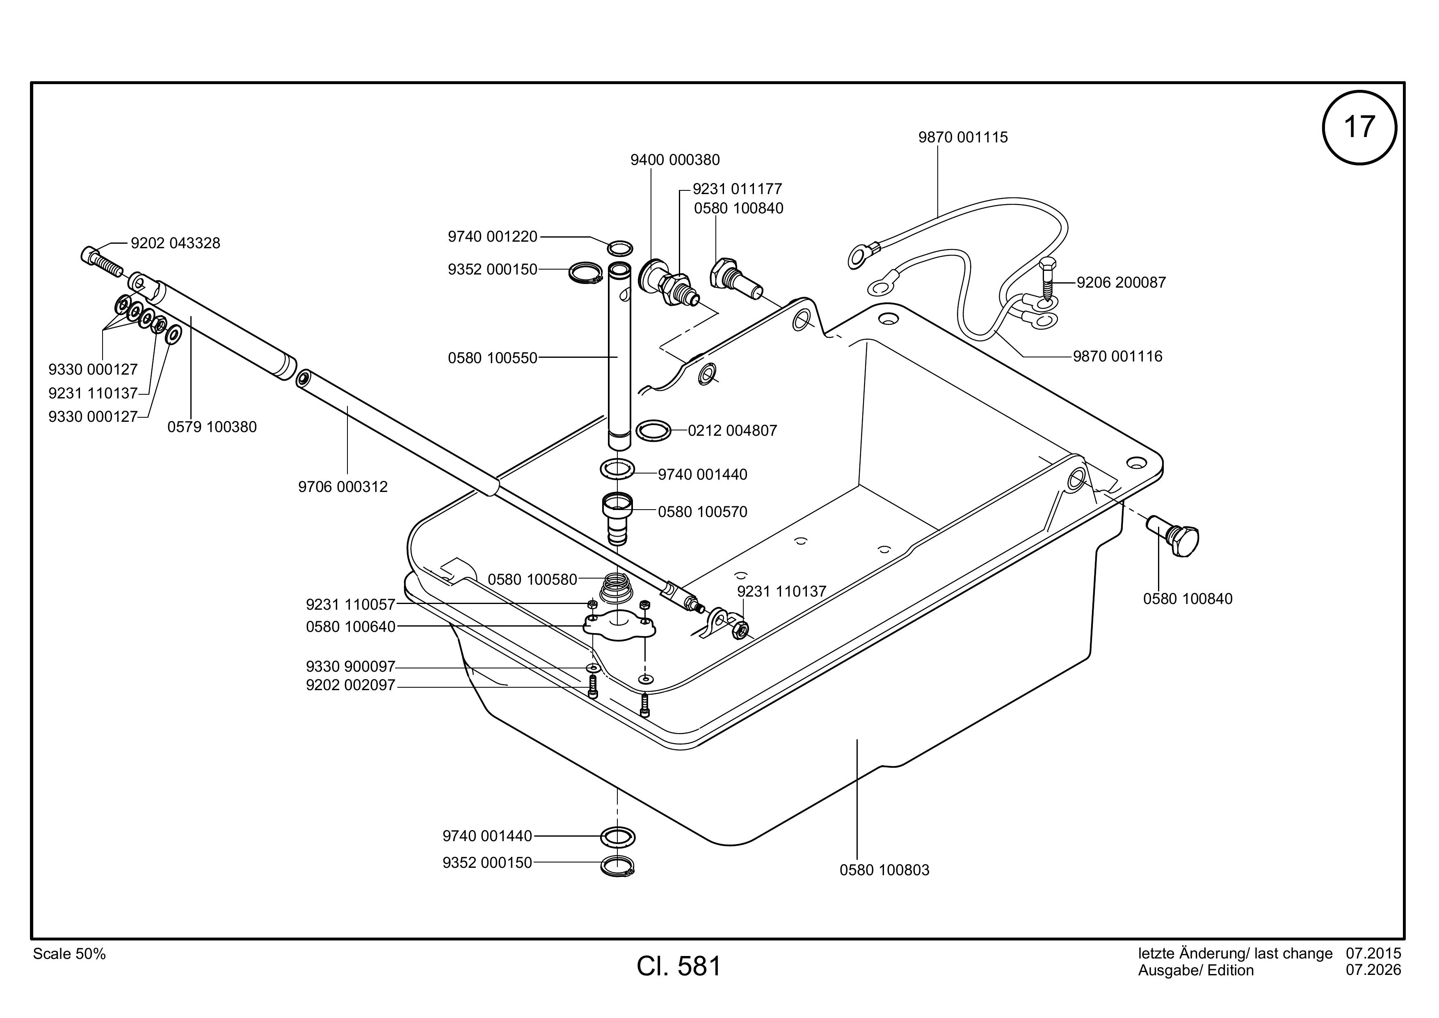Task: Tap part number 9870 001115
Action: (963, 137)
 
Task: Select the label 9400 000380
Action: (675, 160)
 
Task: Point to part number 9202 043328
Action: (176, 243)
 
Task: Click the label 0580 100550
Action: (493, 358)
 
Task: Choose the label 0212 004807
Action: (732, 431)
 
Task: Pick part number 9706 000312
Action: (343, 487)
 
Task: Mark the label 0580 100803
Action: (884, 870)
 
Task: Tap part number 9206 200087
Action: (1121, 283)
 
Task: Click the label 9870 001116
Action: (1117, 357)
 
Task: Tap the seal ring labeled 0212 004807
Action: (653, 431)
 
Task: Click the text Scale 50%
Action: (69, 954)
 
